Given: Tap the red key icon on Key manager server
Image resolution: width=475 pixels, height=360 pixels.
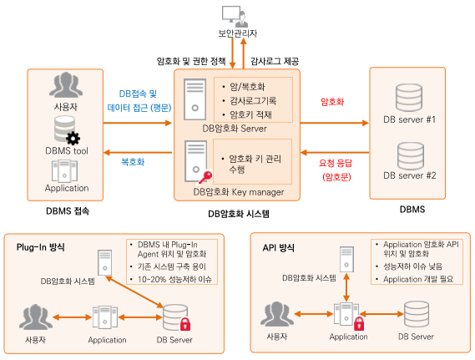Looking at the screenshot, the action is coord(205,177).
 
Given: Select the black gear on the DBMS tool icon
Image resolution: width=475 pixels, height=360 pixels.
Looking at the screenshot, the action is coord(73,139).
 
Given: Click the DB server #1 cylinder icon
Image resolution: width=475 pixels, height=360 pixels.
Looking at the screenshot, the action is coord(409,98).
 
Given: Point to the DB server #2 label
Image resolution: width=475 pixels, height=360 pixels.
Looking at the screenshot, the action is coord(410,175).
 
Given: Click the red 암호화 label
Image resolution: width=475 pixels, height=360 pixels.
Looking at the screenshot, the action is coord(332,102).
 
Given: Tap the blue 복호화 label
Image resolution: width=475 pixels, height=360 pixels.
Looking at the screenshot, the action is coord(133,161).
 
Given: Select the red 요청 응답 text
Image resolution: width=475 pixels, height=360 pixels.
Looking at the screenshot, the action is coord(336,163).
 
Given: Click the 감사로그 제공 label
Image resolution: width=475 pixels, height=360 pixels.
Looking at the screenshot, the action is coord(275,61).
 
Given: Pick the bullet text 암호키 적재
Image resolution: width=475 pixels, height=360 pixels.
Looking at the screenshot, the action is coord(250,114).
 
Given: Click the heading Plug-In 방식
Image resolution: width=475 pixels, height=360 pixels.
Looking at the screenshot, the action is coord(41,247).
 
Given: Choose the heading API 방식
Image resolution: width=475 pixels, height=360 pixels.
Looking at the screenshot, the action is coord(278,247).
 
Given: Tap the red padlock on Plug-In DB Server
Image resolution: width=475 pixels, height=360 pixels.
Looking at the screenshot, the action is coord(185,324).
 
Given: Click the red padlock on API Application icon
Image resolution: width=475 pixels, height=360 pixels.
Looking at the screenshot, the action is coord(359,323).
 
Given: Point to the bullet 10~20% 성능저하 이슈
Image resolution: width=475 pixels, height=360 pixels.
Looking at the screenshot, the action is coord(174,279).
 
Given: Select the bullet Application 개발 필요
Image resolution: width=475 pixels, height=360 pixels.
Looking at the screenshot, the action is coord(418,279).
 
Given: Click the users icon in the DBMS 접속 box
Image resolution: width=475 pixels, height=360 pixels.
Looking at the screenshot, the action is coord(66,85).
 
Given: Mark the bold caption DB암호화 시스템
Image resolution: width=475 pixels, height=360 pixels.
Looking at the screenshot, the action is coord(239,214).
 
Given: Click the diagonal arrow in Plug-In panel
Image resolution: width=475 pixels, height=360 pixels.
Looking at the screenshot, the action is coord(134,292).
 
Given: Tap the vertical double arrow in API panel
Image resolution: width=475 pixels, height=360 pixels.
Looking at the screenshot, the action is coord(346,287).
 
